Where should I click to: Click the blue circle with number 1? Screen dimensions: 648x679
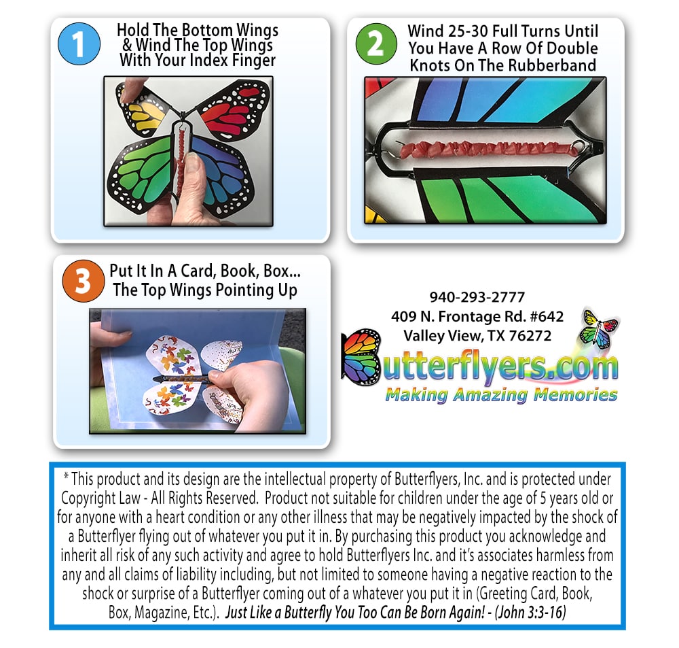click(x=79, y=45)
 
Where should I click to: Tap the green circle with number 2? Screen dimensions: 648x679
click(x=375, y=44)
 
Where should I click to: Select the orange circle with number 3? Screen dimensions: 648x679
click(x=82, y=281)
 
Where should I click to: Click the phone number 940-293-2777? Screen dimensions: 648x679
click(x=477, y=297)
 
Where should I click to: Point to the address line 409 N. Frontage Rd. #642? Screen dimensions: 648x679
click(x=477, y=316)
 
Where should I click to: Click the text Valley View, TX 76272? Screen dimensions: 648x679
click(x=477, y=335)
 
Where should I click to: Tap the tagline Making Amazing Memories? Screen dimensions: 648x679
click(x=501, y=394)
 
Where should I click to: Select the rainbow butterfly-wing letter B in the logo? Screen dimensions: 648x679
click(x=362, y=357)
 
